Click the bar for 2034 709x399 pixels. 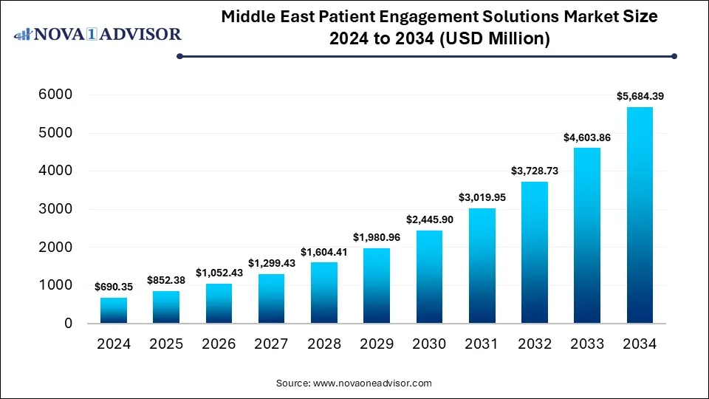pos(640,215)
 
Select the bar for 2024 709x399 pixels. pos(114,310)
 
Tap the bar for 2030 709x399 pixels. pos(429,277)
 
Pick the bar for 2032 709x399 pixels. pos(535,253)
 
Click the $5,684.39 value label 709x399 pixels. pos(640,96)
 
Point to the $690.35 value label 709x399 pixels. pos(114,286)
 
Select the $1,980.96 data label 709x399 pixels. pos(377,236)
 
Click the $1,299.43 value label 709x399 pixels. pos(271,262)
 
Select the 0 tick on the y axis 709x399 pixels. pos(67,324)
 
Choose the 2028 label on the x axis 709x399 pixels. pos(324,344)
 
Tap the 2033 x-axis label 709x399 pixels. pos(586,344)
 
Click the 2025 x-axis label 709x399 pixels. pos(166,344)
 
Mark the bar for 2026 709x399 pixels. pos(219,304)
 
